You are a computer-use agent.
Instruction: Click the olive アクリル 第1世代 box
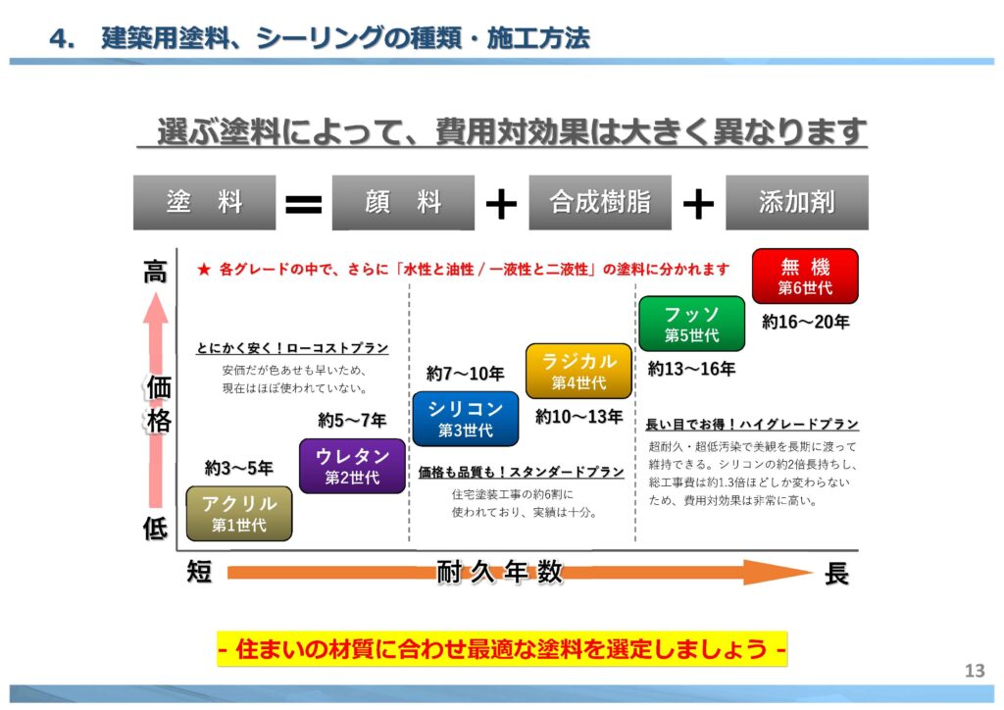[x=239, y=514]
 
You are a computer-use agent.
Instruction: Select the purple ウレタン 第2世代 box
[x=352, y=466]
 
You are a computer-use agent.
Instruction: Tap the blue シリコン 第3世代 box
[x=466, y=419]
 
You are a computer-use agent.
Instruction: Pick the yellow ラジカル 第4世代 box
[x=578, y=372]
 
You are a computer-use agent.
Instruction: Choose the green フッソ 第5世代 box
[x=691, y=324]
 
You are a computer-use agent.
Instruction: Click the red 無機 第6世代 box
[x=805, y=277]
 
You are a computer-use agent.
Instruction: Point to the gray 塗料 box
[x=205, y=203]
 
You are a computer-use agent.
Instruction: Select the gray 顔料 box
[x=403, y=203]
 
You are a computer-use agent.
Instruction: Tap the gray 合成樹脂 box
[x=600, y=203]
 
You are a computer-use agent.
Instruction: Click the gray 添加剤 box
[x=796, y=203]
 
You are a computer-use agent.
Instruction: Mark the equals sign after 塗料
[x=303, y=204]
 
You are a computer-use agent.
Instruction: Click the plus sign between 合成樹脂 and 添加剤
[x=697, y=204]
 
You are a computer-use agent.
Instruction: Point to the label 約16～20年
[x=805, y=322]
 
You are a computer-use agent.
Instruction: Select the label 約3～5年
[x=239, y=468]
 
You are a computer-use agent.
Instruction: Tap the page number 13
[x=974, y=671]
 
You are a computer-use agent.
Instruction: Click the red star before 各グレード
[x=204, y=269]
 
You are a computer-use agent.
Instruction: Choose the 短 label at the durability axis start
[x=199, y=572]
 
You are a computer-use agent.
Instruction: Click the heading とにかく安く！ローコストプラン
[x=292, y=348]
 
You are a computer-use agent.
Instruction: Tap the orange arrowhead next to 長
[x=790, y=573]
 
